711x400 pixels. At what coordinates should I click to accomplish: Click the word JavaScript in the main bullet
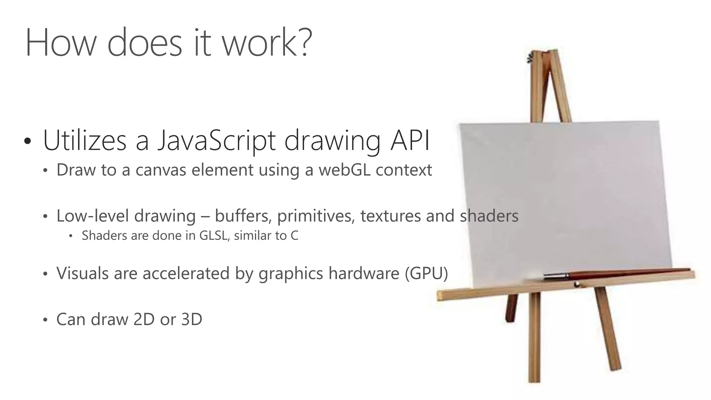(216, 141)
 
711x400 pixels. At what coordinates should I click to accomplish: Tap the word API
(410, 141)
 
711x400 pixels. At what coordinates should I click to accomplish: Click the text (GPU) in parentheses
(426, 273)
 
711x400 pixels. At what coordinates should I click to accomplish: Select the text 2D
(144, 319)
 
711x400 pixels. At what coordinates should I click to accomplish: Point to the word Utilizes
(85, 141)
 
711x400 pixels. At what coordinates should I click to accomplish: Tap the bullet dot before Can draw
(45, 320)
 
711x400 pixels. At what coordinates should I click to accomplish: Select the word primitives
(316, 216)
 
